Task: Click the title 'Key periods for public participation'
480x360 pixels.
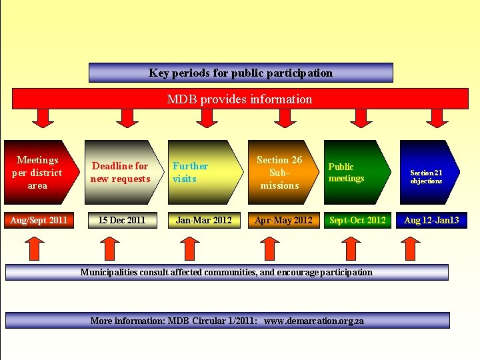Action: pos(241,73)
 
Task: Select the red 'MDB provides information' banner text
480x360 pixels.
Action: pos(239,99)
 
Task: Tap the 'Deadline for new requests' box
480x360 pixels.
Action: pos(121,172)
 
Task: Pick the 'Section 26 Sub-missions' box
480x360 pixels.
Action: pos(279,172)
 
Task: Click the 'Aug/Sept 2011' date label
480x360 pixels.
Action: pos(38,220)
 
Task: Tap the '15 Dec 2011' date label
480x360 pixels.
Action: pos(121,220)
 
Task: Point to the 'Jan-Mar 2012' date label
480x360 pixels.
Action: pos(203,220)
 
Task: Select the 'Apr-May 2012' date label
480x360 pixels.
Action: pos(283,220)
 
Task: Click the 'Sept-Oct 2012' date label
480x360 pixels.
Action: pos(357,220)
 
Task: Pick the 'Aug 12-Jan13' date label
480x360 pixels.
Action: pos(431,220)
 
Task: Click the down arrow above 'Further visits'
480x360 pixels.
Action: pos(207,117)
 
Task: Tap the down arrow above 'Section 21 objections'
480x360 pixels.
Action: pos(437,117)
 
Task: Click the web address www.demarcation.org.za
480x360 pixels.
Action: pos(314,321)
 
